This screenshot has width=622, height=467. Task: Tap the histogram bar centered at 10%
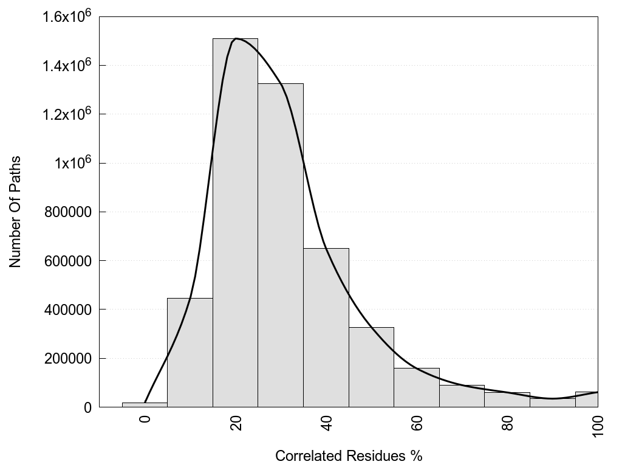190,353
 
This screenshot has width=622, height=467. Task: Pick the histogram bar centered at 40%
326,328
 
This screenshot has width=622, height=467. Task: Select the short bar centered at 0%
145,405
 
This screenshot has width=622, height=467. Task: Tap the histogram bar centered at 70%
462,396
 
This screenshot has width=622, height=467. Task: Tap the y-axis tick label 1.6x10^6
67,16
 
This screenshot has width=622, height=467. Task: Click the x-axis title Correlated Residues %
349,455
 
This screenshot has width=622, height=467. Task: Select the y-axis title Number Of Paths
15,212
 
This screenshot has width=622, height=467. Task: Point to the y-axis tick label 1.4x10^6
67,65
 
